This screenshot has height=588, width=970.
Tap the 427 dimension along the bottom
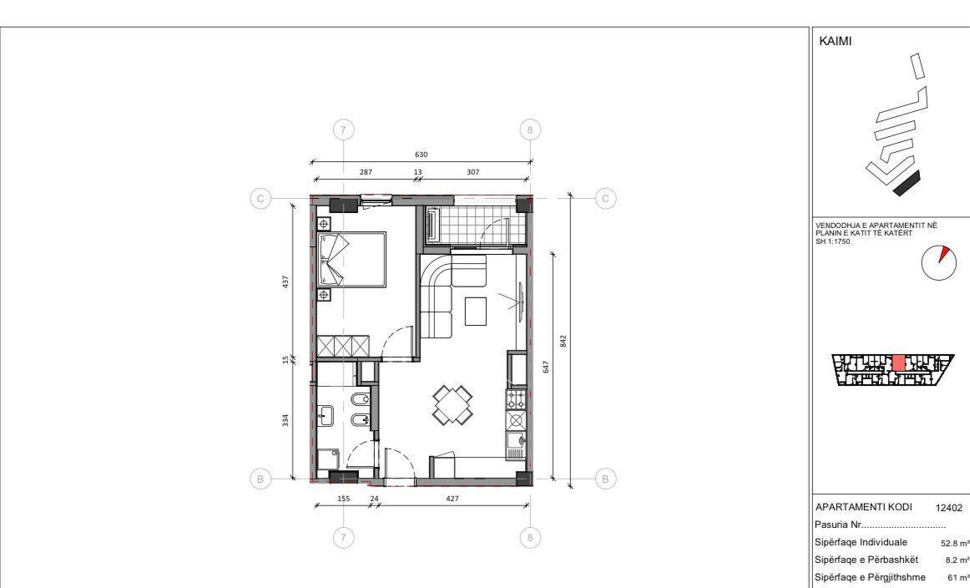point(452,498)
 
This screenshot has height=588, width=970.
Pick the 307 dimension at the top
point(474,171)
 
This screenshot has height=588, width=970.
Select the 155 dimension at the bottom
point(343,498)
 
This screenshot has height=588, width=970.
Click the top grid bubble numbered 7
point(344,129)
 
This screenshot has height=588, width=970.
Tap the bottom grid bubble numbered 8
point(529,538)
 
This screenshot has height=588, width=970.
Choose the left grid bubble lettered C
point(261,199)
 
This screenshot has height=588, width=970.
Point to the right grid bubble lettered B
point(607,479)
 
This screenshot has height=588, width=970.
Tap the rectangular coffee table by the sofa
point(476,312)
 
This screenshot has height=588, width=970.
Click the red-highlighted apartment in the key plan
point(898,363)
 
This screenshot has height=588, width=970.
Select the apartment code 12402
point(949,507)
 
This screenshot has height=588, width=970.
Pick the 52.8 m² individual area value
point(954,542)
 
